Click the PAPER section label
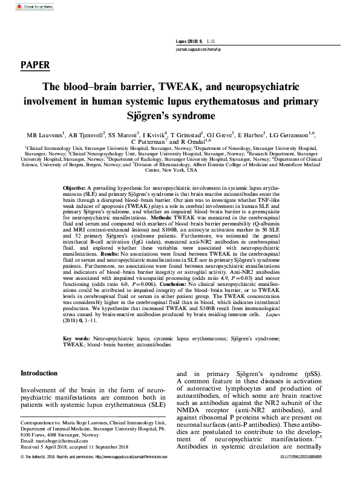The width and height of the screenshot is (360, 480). coord(34,65)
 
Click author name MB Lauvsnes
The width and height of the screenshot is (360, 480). coord(47,135)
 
